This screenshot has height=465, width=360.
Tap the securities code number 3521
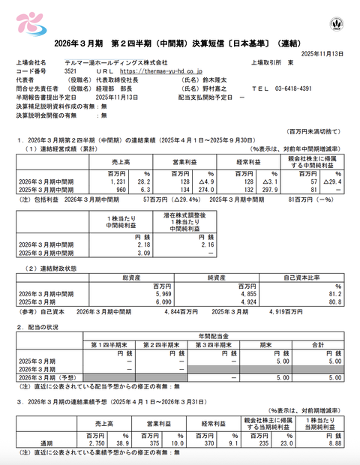[57, 70]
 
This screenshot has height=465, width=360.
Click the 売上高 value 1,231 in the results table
[111, 181]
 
